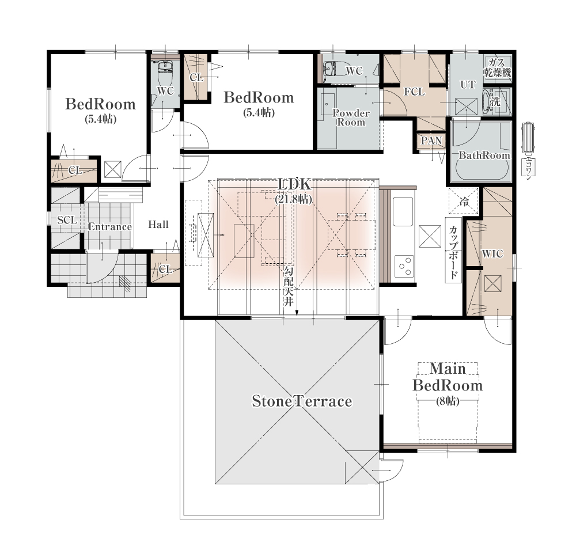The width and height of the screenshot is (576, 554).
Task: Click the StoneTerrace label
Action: point(302,401)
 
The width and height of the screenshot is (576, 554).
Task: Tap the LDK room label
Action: point(294,184)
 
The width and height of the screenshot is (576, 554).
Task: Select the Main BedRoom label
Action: point(448,377)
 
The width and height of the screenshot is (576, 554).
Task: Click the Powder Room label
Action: point(351,117)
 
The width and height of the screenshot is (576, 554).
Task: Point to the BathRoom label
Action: point(484,155)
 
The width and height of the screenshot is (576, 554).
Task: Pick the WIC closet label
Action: point(492,254)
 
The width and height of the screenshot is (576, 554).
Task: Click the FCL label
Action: point(414,92)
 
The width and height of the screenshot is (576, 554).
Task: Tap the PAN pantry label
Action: point(431,141)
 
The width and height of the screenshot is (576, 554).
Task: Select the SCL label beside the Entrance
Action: point(67,220)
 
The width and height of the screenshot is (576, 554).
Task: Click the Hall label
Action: point(158,225)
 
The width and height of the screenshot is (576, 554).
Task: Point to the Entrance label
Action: point(110,227)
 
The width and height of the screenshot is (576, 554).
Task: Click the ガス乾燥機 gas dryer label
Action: point(498,67)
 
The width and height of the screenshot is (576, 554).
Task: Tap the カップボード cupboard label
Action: point(453,252)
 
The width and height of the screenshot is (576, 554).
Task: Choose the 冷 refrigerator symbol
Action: point(464,201)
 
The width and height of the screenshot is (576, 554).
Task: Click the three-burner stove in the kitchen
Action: point(404,266)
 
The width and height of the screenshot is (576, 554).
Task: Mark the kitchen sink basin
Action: point(403,211)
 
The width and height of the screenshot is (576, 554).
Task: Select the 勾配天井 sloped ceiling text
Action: point(289,287)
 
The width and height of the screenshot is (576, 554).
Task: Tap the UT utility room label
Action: point(468,85)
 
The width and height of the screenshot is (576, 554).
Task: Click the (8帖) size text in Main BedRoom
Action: point(448,401)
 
